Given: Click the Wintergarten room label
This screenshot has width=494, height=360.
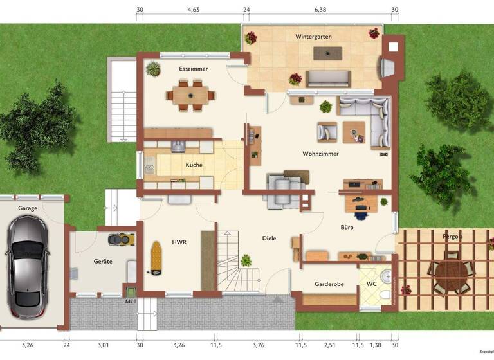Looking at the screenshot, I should (x=314, y=37).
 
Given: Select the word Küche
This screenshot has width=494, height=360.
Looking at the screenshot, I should (x=194, y=165).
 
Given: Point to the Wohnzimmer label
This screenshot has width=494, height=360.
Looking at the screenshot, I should (x=320, y=154).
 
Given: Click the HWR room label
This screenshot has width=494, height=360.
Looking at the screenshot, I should (x=179, y=242).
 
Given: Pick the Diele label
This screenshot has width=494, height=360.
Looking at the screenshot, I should (x=270, y=239).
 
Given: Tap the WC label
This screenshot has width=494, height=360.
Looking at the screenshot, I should (x=372, y=283).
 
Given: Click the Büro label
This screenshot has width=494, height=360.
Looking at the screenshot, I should (x=347, y=227).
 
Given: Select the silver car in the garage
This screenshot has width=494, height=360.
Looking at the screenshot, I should (x=26, y=260).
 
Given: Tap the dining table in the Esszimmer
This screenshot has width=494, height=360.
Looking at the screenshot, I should (x=190, y=94).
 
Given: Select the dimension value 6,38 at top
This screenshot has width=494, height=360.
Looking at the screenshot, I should (x=320, y=10).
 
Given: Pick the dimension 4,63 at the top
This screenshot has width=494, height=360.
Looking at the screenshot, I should (x=194, y=10).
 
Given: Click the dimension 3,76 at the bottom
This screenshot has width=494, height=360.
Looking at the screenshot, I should (x=258, y=345).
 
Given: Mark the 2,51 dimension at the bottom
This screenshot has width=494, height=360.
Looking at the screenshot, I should (x=329, y=345).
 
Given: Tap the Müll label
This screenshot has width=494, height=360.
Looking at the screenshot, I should (x=130, y=301).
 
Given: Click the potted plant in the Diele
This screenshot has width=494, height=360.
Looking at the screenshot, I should (x=246, y=260).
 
